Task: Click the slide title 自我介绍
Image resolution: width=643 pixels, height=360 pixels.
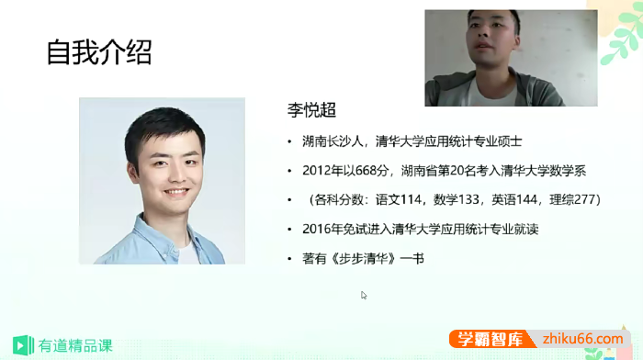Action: pos(99,52)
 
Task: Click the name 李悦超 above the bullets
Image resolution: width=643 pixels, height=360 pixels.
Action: pos(312,111)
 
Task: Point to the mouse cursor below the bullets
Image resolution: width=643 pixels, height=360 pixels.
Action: pos(364,295)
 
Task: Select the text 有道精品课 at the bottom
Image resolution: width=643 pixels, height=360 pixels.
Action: pos(74,345)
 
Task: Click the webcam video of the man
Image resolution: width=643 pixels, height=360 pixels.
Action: pos(510,57)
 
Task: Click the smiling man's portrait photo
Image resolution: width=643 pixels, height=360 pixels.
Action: pos(162,180)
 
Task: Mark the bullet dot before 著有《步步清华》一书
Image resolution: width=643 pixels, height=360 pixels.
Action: pos(290,259)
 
